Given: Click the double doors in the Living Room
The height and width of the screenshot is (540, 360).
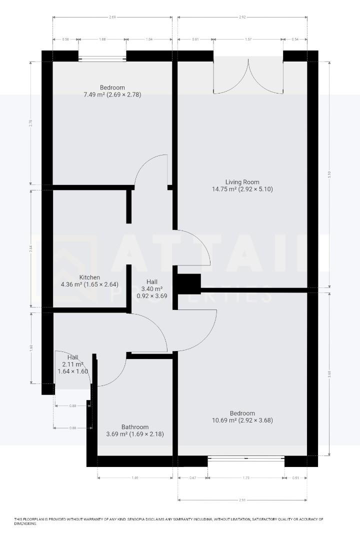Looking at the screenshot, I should (248, 77).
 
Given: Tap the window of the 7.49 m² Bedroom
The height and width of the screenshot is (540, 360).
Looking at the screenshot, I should (102, 58).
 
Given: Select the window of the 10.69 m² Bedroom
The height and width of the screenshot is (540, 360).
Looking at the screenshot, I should (246, 458).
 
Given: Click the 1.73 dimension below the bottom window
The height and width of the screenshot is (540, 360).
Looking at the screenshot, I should (246, 478).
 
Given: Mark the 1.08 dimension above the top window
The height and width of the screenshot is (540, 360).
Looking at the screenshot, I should (102, 39).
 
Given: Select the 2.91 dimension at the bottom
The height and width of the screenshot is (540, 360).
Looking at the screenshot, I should (242, 499).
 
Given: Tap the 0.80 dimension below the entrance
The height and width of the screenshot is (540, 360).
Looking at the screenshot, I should (73, 406).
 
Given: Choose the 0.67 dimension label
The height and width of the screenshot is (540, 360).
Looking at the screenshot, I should (193, 478).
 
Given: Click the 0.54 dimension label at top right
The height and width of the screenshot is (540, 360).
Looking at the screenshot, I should (295, 39).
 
